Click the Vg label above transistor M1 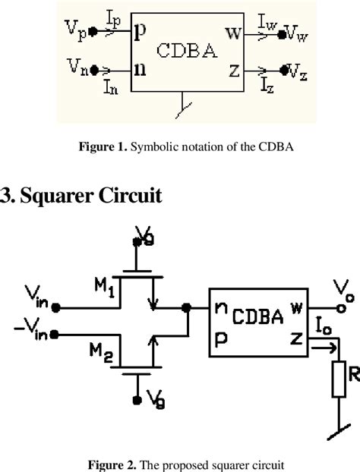pyautogui.click(x=144, y=235)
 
